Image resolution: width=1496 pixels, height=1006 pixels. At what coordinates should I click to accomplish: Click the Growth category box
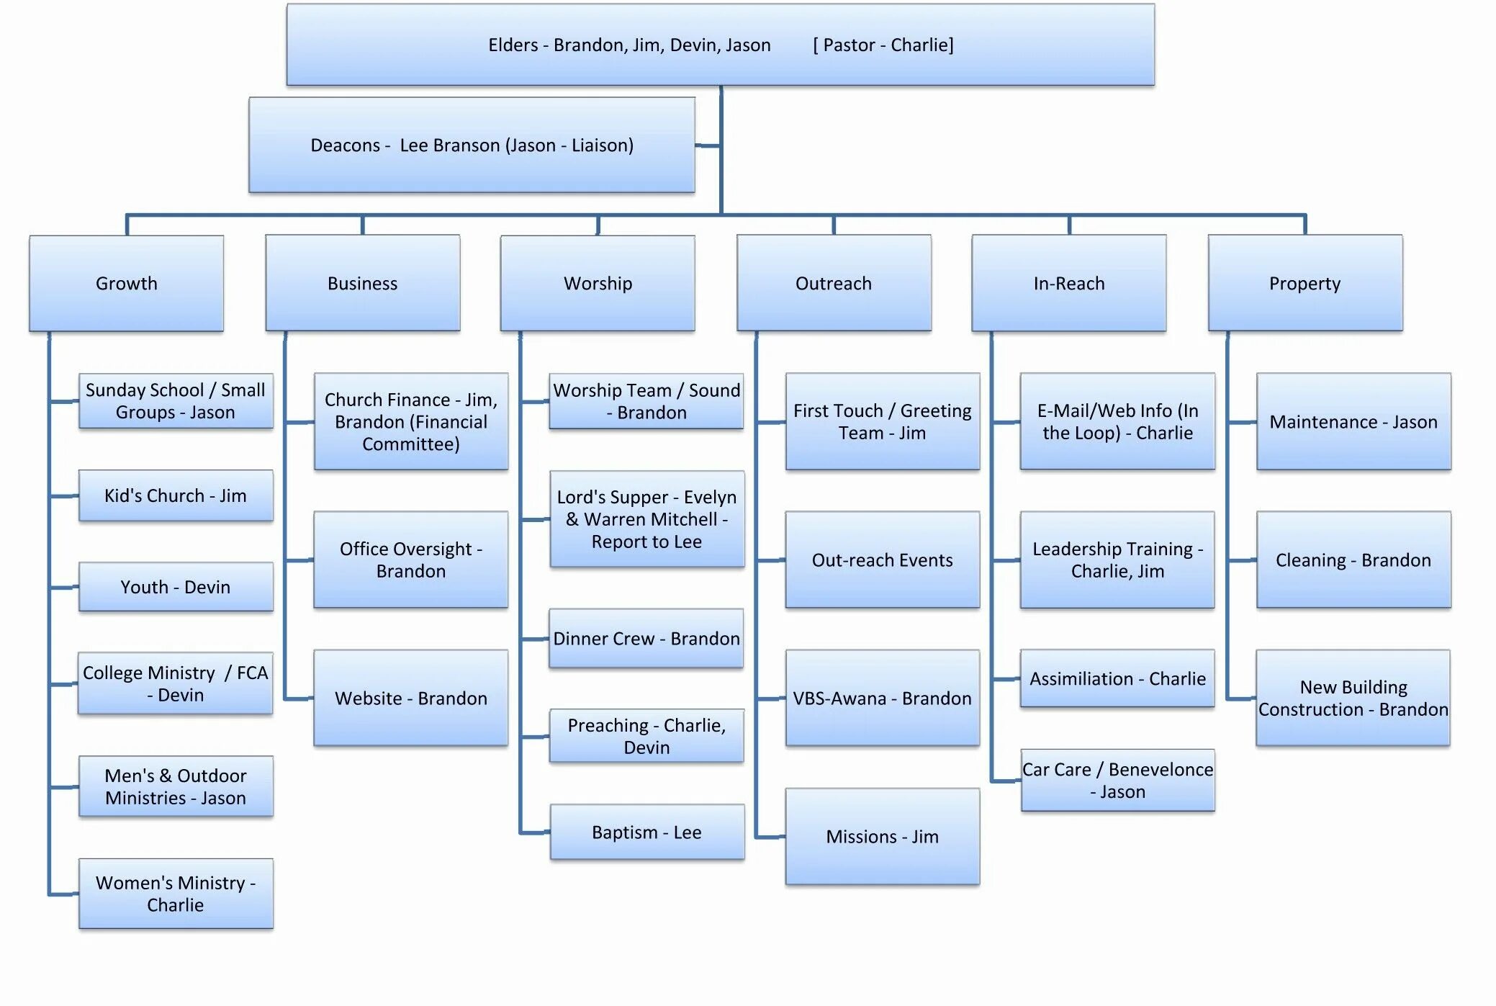(127, 283)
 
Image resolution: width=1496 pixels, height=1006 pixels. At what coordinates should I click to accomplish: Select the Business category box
(362, 283)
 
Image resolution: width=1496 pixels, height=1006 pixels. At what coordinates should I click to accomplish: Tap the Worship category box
(598, 283)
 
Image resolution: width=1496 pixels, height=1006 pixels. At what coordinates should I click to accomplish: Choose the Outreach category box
(834, 283)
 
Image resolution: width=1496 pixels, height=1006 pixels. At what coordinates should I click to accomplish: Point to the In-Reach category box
(1069, 283)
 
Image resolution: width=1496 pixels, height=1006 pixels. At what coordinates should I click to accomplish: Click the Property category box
(1305, 283)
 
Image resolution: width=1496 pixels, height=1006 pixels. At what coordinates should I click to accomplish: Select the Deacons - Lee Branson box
(472, 145)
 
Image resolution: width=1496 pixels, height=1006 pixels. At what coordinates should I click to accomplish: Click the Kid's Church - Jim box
(176, 495)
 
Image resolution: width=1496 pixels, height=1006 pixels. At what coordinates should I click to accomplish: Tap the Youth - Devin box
(176, 587)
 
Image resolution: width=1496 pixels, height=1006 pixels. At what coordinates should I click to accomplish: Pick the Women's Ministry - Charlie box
(176, 894)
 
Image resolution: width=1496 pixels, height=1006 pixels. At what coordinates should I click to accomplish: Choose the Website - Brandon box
(411, 698)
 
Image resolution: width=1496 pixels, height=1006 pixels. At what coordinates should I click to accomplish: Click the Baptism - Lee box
(646, 832)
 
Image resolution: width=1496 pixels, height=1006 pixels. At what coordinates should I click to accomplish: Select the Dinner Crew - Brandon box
(646, 639)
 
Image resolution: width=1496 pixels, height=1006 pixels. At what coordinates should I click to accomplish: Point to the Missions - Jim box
(883, 837)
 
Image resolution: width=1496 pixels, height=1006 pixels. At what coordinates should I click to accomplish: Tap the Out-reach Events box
(883, 560)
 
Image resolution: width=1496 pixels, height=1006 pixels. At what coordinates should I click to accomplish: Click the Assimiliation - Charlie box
(1117, 678)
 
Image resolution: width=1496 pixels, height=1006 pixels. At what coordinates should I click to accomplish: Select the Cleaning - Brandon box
(1353, 560)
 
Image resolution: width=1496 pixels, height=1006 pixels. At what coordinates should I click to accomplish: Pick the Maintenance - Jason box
(1353, 422)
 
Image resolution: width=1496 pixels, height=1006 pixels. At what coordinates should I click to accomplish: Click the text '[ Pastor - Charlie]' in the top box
(883, 45)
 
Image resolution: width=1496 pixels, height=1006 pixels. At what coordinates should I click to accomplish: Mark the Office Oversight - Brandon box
(411, 560)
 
